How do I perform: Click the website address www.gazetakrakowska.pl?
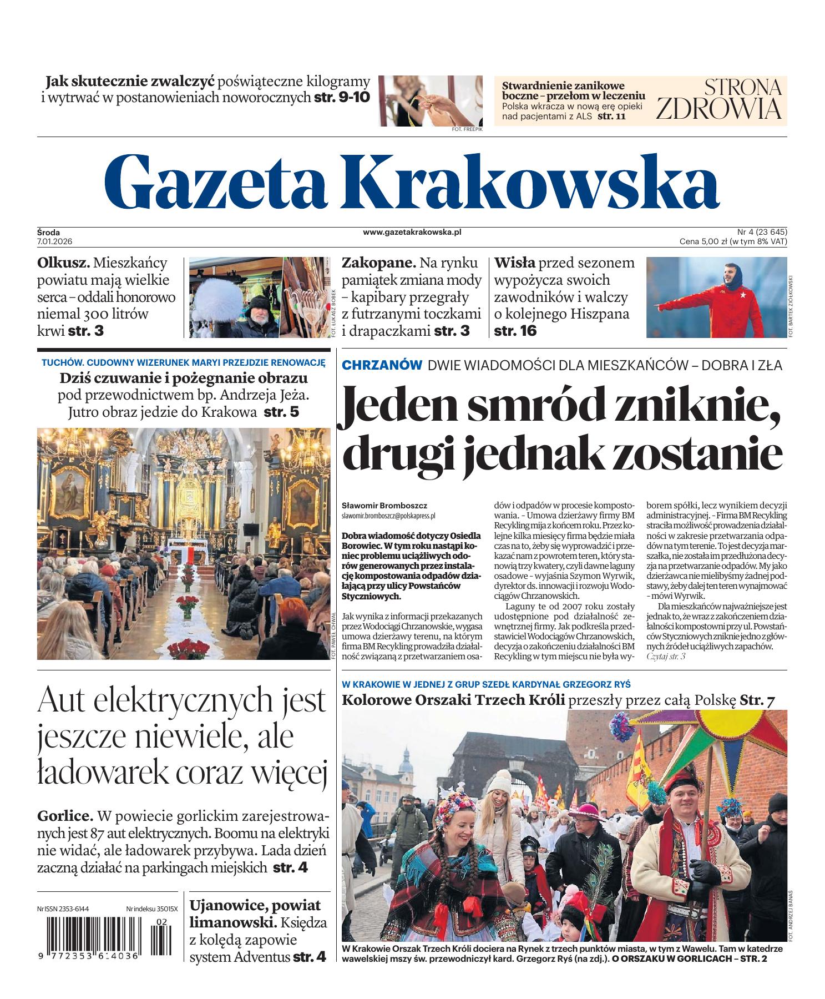pos(412,232)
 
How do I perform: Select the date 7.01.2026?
pos(55,241)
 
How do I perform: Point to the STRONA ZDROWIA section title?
pos(719,100)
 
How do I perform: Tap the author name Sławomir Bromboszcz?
pos(384,506)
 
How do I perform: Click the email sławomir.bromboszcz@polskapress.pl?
pos(388,516)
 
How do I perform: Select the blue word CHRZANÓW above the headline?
pos(382,365)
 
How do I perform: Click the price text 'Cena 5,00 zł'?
pos(702,241)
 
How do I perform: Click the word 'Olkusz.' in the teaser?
pos(63,263)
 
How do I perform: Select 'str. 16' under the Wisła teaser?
pos(515,331)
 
